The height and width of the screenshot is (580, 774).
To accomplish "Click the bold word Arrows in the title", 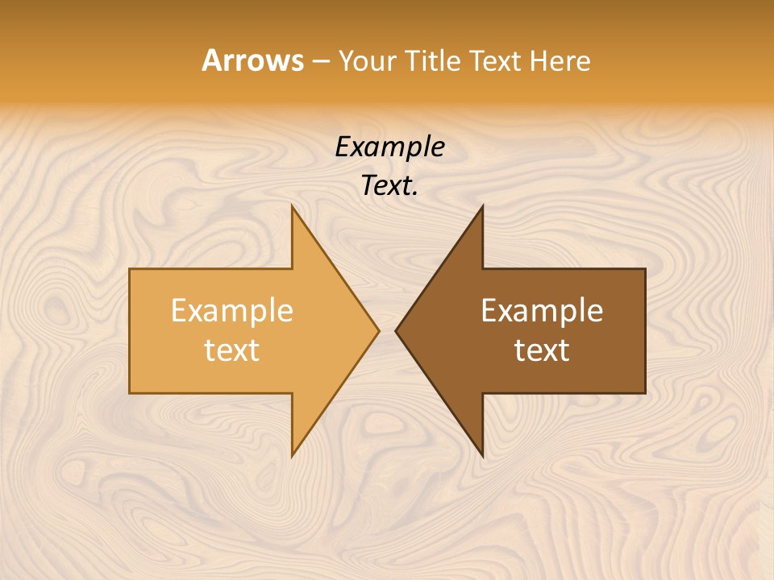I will pyautogui.click(x=252, y=60).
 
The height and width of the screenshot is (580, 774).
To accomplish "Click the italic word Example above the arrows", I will pyautogui.click(x=389, y=147).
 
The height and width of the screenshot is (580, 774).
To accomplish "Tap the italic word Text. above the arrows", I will pyautogui.click(x=389, y=186).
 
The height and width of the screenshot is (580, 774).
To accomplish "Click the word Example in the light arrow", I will pyautogui.click(x=232, y=311).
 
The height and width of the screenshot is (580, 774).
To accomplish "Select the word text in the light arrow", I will pyautogui.click(x=232, y=350).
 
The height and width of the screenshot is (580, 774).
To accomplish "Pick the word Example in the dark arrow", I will pyautogui.click(x=542, y=311).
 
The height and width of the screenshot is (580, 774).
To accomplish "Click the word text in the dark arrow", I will pyautogui.click(x=542, y=350).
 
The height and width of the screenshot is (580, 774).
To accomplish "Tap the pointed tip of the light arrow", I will pyautogui.click(x=379, y=330).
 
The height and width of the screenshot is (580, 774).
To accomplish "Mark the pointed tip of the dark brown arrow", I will pyautogui.click(x=396, y=330).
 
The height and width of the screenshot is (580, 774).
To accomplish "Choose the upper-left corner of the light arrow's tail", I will pyautogui.click(x=130, y=269).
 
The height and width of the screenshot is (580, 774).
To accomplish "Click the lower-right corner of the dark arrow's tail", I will pyautogui.click(x=645, y=393).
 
